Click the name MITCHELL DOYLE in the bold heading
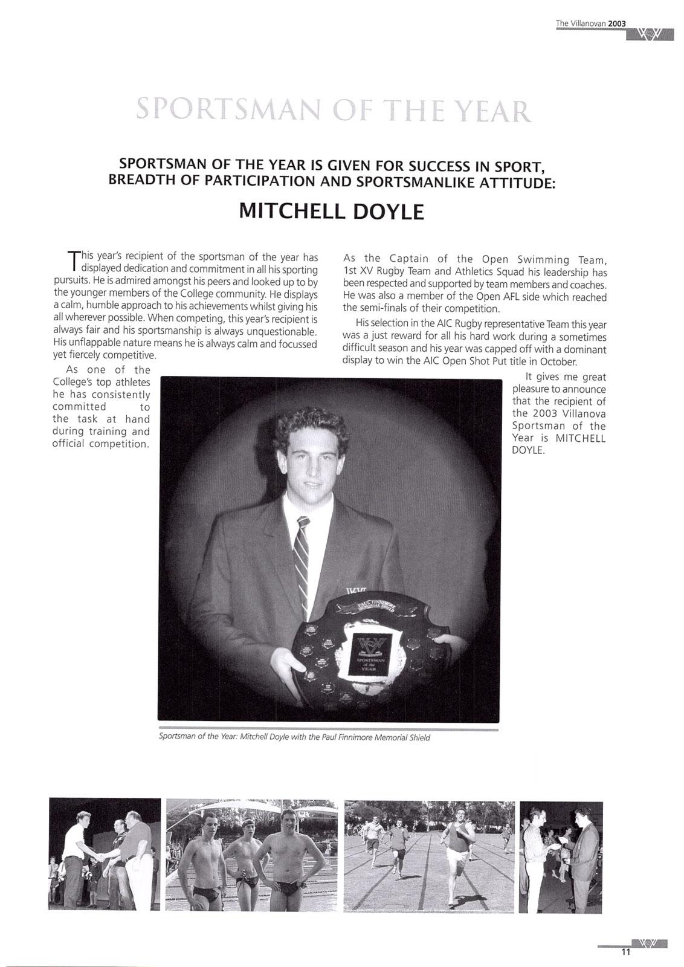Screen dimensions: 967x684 point(331,212)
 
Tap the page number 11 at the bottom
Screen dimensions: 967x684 point(625,952)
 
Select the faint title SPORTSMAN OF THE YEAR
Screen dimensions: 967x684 point(334,111)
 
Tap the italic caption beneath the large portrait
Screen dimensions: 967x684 point(294,737)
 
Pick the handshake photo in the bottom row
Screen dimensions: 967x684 point(105,854)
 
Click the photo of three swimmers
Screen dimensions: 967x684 point(251,855)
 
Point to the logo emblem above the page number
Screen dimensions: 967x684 point(650,943)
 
